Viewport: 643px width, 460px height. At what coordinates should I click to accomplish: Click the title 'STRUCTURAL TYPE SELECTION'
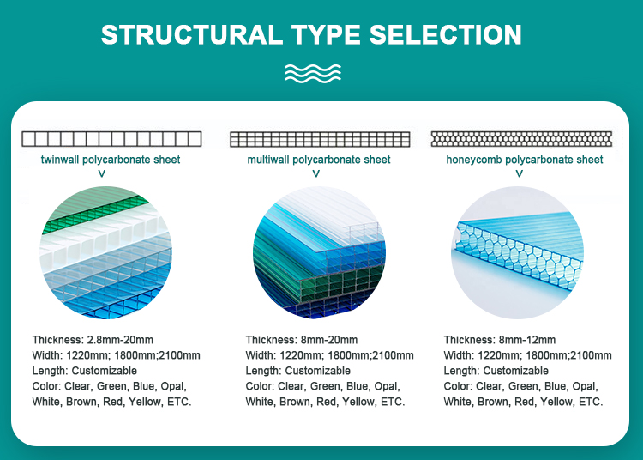(311, 34)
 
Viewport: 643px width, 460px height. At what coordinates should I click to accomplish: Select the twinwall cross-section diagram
(111, 139)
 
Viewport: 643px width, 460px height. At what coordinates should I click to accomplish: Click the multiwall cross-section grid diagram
(319, 139)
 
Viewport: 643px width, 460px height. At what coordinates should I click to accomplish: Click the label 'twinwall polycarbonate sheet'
(111, 160)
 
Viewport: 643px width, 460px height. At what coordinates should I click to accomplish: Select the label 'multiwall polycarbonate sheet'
(319, 160)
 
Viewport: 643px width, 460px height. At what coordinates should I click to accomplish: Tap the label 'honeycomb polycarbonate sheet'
(524, 160)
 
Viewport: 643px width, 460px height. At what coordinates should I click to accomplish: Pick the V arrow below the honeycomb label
(519, 173)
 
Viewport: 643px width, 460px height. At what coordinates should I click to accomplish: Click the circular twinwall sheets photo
(106, 252)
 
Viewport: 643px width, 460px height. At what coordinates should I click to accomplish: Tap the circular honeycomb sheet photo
(517, 252)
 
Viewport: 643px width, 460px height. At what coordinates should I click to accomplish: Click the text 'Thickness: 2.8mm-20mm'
(93, 340)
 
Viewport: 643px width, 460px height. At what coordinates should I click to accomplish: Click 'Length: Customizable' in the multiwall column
(297, 371)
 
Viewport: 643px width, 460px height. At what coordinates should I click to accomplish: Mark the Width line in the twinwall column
(116, 355)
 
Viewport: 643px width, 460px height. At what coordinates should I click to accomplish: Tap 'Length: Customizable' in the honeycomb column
(496, 371)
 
